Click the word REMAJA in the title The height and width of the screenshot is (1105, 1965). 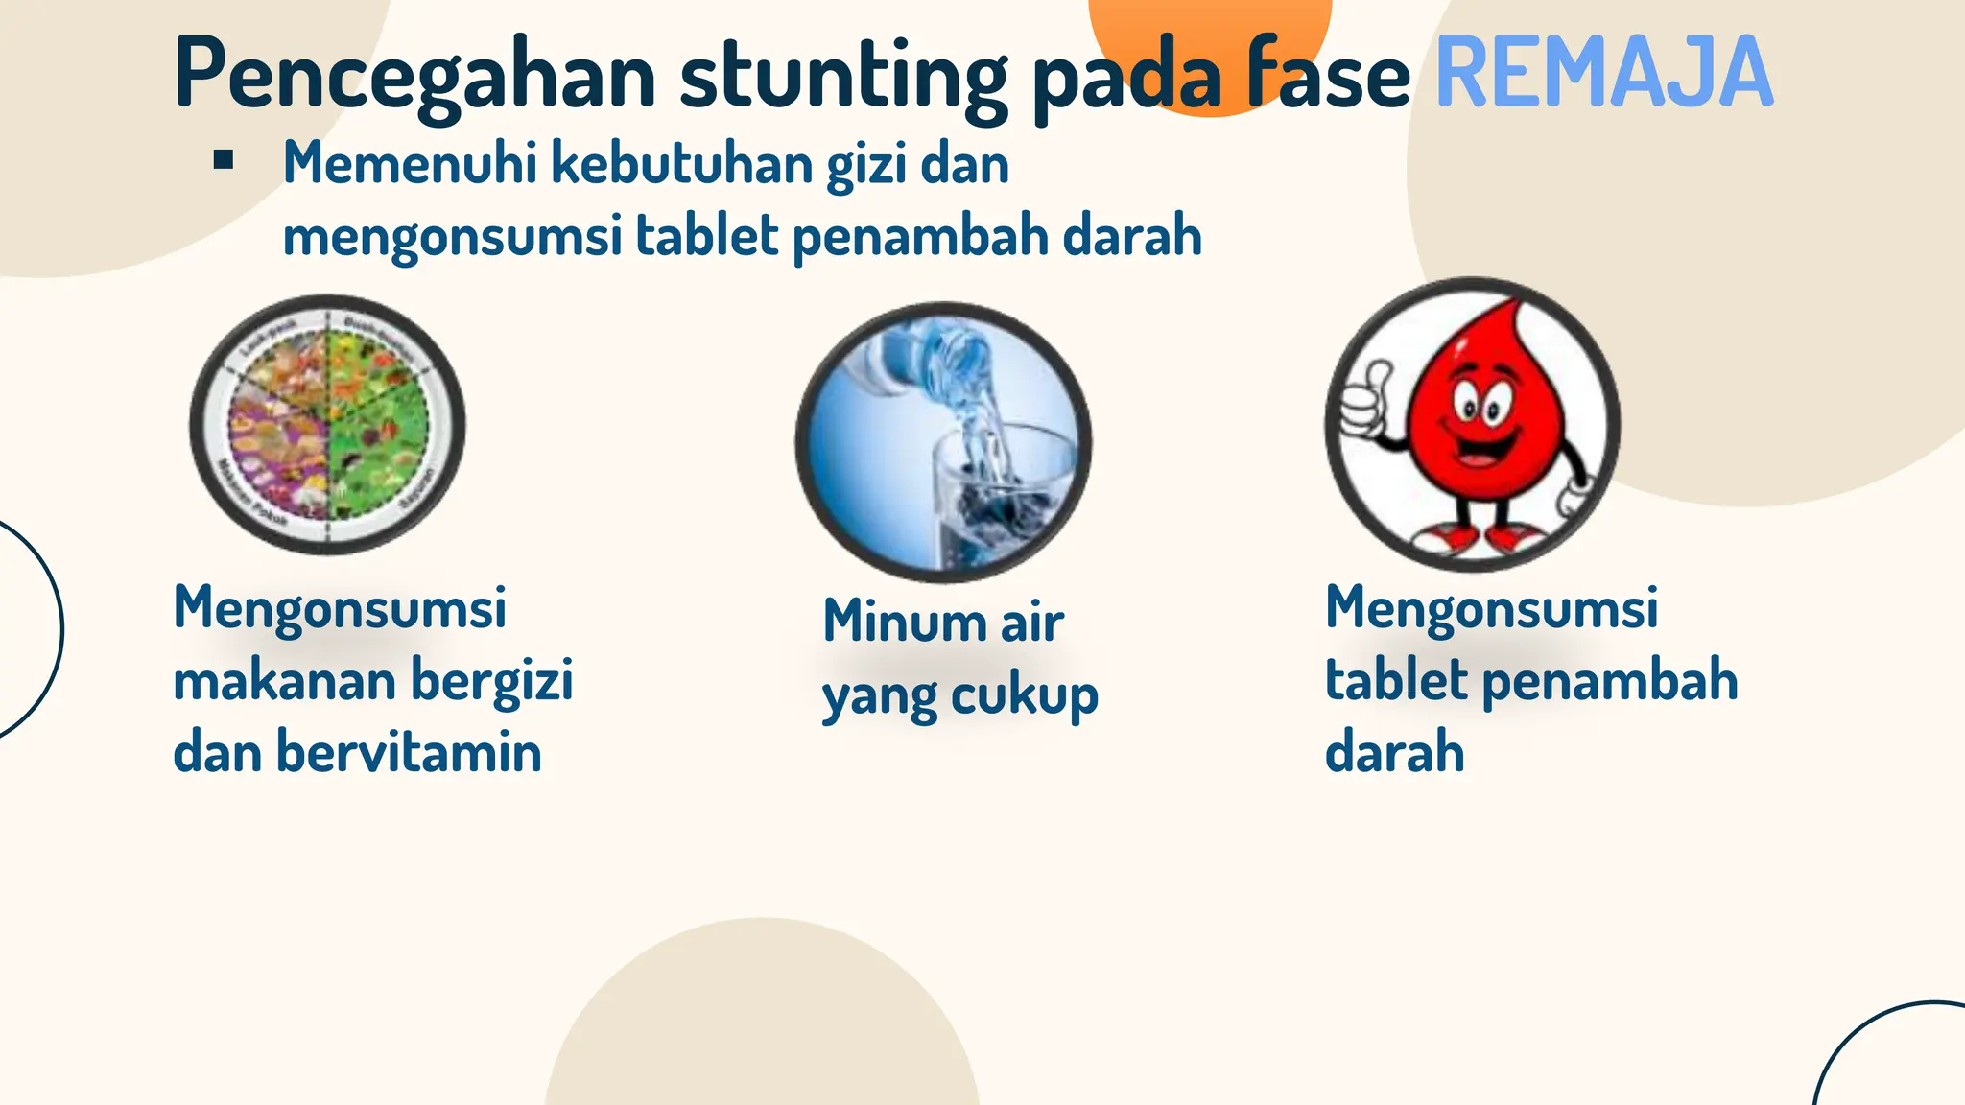(x=1603, y=73)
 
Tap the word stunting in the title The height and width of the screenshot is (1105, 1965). (x=843, y=77)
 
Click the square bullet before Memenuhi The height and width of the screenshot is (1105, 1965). (x=225, y=160)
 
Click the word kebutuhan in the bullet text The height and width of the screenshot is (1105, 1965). (x=682, y=163)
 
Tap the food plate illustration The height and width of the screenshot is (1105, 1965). (x=328, y=424)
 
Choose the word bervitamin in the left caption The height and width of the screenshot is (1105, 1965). (x=410, y=752)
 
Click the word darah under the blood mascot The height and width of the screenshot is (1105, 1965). (x=1394, y=752)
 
